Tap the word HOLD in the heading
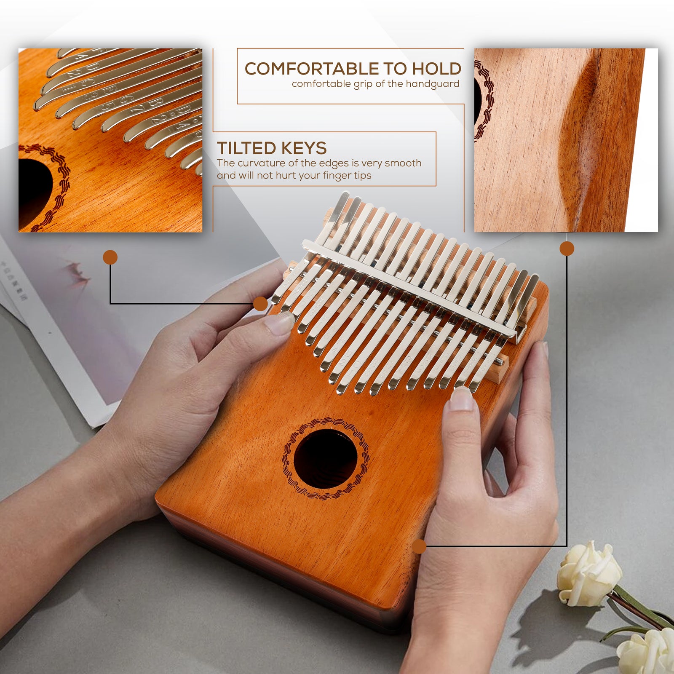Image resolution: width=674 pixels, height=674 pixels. tap(436, 69)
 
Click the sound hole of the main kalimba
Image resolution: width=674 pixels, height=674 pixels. tap(325, 458)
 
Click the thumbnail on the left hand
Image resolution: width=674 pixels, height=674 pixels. tap(279, 324)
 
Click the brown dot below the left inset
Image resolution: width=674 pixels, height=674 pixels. tap(110, 257)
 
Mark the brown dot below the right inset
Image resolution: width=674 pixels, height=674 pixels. tap(567, 249)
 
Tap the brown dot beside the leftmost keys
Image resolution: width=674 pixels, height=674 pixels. tap(261, 304)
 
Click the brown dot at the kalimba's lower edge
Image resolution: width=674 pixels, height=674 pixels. tap(419, 546)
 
